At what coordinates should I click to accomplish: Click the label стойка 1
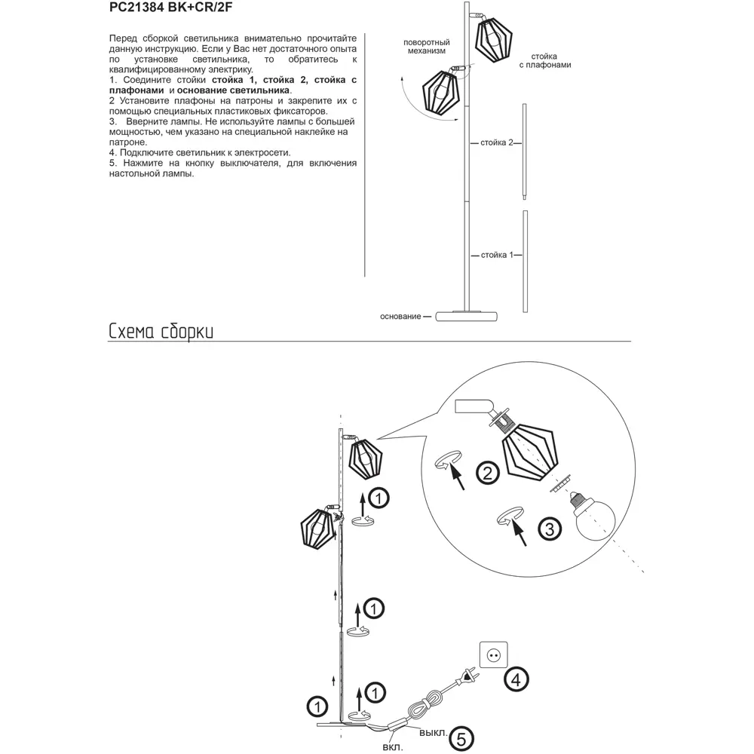point(496,255)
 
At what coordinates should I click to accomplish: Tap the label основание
point(400,316)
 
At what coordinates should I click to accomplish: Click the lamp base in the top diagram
point(468,316)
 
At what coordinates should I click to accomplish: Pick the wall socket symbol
point(495,656)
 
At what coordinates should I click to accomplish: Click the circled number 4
point(516,679)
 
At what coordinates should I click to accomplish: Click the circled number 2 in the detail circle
point(488,473)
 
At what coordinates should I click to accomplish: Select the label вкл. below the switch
point(392,747)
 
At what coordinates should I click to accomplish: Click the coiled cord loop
point(425,708)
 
